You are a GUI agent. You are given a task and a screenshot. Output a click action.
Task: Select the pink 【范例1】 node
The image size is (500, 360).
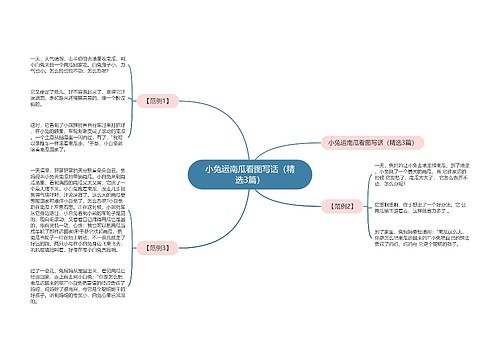pos(159,101)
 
